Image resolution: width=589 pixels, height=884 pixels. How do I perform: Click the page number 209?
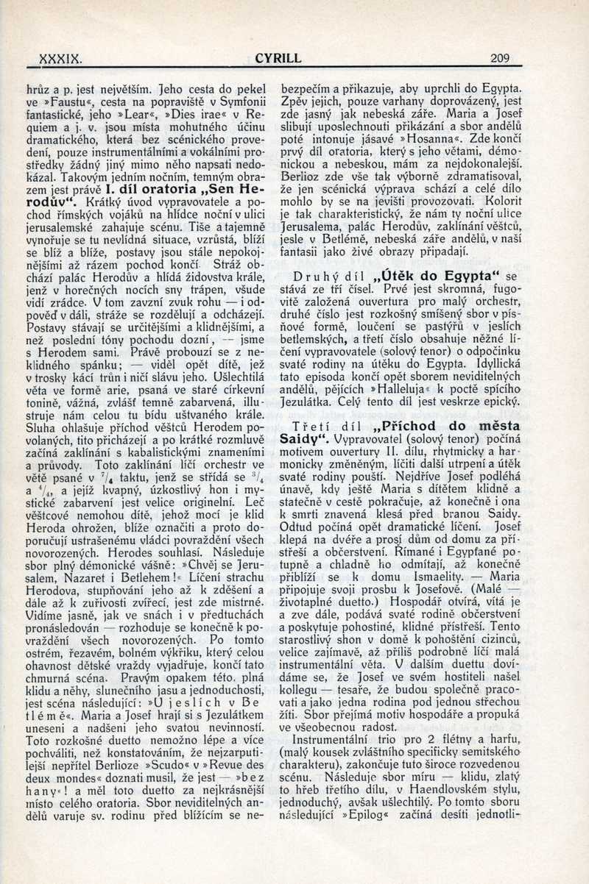[499, 57]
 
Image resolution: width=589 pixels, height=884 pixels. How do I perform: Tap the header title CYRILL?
[278, 57]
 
